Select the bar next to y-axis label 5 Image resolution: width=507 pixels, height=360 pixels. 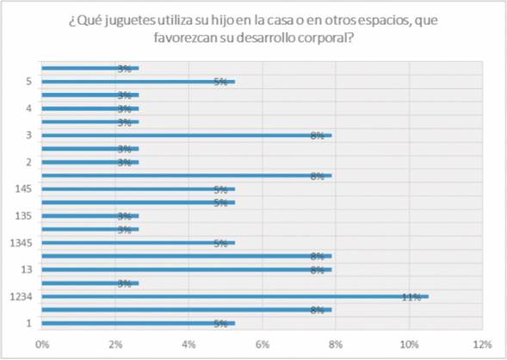(x=138, y=81)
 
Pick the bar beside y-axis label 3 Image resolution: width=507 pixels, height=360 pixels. (x=186, y=135)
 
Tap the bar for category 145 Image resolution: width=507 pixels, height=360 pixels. (x=138, y=189)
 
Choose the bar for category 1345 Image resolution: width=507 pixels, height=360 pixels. (x=138, y=243)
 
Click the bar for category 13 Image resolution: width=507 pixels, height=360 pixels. (x=186, y=270)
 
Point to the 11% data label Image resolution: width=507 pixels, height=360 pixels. (x=411, y=297)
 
